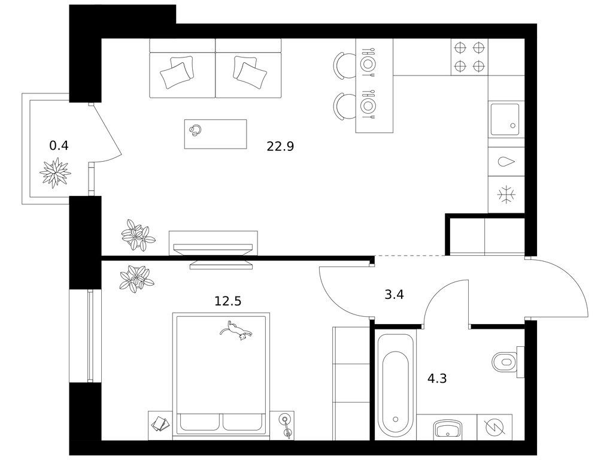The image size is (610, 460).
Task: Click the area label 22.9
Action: pos(280,146)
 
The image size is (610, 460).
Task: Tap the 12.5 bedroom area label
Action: pos(228,301)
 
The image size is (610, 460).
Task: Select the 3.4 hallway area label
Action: pos(394,295)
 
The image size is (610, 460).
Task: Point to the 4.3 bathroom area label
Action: pos(437,379)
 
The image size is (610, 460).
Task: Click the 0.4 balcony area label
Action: pos(59,146)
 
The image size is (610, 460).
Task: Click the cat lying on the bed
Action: pos(236,331)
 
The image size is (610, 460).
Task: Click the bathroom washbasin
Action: pos(447,429)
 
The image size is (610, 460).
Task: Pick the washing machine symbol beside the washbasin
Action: pos(495,427)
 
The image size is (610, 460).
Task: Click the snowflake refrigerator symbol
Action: pos(506,194)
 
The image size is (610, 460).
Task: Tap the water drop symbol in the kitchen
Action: pos(506,162)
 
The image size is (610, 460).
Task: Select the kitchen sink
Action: pos(505,119)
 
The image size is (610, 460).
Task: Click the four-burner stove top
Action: pos(469,57)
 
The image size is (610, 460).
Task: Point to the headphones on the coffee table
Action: pos(195,130)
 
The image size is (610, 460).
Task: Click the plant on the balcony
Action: pos(55,172)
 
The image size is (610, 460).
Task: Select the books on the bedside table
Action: pos(160,424)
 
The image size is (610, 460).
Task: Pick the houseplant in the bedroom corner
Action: pos(136,279)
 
